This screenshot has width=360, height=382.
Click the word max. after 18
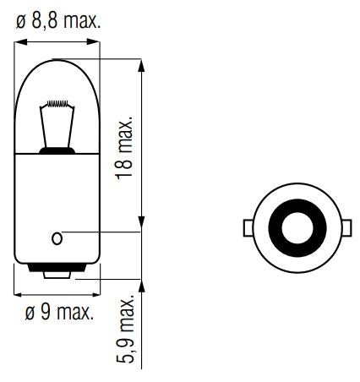click(124, 137)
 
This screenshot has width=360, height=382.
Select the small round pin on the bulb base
click(57, 237)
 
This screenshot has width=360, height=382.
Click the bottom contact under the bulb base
click(57, 273)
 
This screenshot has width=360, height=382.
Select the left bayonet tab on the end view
click(248, 227)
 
